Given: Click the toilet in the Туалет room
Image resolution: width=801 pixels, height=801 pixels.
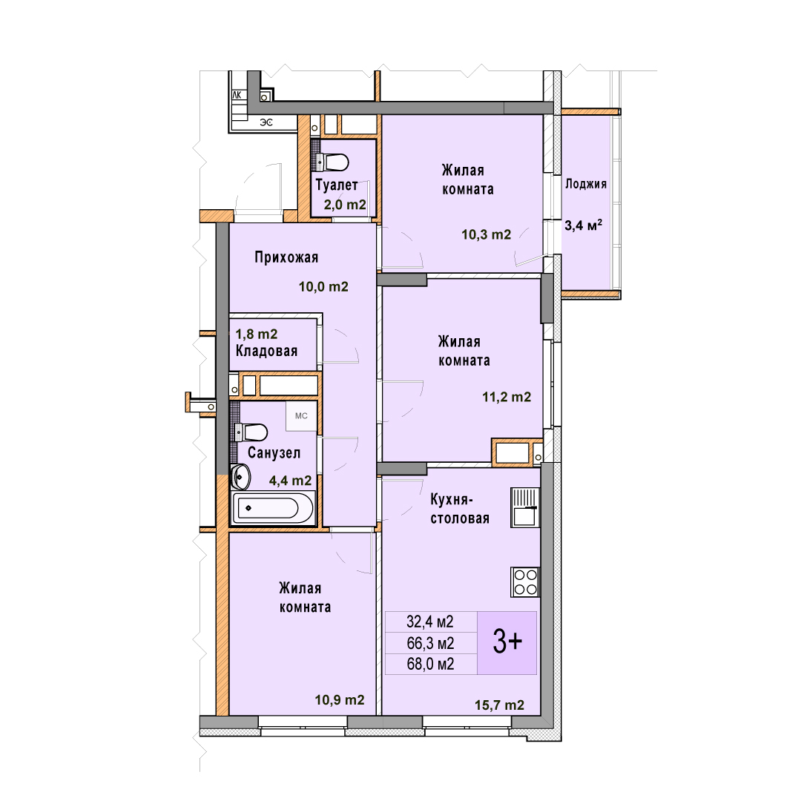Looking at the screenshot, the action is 331,162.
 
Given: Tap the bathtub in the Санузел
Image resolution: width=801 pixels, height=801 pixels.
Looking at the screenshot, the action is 273,508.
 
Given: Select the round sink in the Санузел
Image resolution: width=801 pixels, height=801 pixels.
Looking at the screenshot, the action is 240,477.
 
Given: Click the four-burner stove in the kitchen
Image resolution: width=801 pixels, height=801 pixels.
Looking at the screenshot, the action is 525,582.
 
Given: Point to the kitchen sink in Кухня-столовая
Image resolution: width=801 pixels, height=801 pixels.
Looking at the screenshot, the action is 525,507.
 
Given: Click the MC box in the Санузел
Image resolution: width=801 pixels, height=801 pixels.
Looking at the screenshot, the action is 301,416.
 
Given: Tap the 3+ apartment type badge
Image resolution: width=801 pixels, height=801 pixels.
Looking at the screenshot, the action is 507,642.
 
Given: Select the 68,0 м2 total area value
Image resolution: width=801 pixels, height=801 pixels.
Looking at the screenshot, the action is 431,664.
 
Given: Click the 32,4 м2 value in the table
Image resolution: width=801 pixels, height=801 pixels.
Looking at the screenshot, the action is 430,622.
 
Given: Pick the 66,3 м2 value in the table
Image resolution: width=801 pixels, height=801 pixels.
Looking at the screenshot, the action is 431,643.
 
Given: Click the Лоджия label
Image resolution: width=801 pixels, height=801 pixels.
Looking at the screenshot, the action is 586,185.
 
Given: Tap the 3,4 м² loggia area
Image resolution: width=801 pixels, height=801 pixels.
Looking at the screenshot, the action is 584,225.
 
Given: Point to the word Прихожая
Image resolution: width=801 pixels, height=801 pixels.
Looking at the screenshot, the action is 286,257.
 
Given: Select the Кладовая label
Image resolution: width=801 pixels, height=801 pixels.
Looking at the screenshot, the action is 267,352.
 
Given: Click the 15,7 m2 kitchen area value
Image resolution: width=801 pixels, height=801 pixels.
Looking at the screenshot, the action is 500,705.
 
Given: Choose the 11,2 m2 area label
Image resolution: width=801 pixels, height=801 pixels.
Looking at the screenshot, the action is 507,397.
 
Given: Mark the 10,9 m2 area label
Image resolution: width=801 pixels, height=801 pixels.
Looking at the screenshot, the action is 340,700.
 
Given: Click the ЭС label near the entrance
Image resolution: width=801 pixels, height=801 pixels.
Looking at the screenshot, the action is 266,122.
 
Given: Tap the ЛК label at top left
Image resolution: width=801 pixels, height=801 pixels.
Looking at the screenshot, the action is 237,95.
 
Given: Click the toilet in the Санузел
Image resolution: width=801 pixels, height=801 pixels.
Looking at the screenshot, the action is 251,432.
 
